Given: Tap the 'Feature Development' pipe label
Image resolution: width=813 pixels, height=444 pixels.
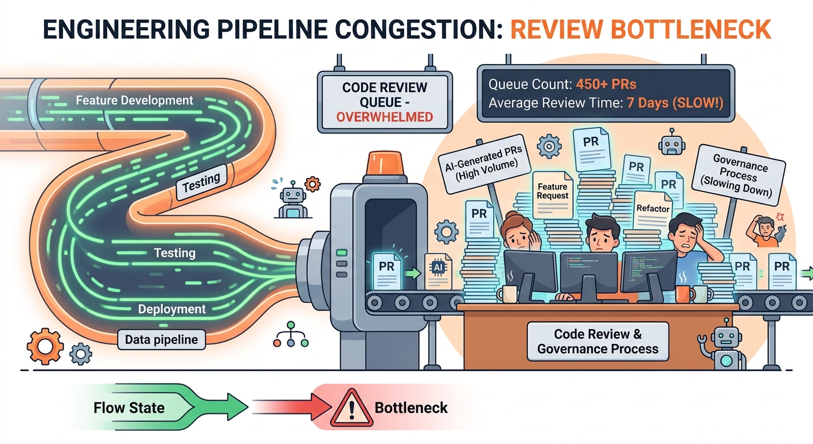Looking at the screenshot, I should coord(135,101).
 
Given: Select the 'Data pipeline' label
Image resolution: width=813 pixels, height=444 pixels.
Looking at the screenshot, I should coord(161,340).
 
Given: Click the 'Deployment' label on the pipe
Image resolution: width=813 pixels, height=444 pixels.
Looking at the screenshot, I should coord(171,309).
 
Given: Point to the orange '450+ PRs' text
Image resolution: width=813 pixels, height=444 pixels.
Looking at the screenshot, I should coord(606,84).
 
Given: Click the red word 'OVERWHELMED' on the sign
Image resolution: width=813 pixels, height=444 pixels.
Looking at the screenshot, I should coord(384,117).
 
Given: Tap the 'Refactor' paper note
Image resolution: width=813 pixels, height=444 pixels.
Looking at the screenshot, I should coord(652,209).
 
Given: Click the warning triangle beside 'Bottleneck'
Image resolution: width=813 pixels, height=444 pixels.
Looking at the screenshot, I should coord(351,408).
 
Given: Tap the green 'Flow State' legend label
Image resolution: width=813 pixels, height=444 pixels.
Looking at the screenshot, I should coord(129,408).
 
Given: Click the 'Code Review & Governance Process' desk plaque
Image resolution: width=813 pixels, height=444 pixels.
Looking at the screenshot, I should coord(598,342).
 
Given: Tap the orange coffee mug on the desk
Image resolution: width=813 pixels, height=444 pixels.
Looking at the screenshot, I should coord(684,294).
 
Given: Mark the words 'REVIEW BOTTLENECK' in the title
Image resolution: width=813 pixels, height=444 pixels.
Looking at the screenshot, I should coord(640,29).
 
